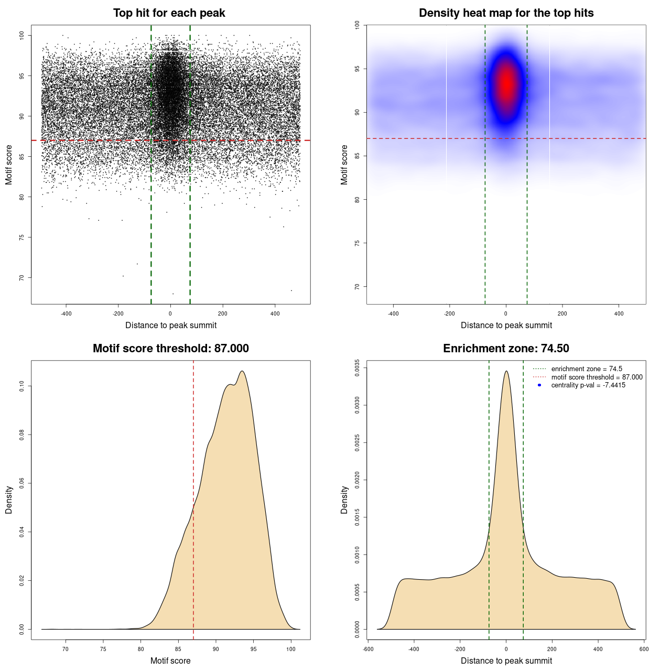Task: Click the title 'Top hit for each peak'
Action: pos(169,13)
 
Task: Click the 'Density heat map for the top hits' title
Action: pos(506,13)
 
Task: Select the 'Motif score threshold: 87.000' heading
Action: pos(170,349)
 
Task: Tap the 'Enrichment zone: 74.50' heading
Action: pos(506,349)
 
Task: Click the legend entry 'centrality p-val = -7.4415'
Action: pos(588,385)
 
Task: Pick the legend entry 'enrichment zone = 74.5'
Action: pos(587,369)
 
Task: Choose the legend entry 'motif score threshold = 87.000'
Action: pos(597,377)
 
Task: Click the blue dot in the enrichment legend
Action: pos(539,385)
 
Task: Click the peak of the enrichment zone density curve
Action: pos(506,371)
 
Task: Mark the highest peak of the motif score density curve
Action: pos(242,371)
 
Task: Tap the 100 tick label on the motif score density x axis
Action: pos(291,649)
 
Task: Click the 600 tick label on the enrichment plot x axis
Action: pos(644,649)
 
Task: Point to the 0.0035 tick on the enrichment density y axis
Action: pos(357,368)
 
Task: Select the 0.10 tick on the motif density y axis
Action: pos(21,386)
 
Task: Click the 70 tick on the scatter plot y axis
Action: pos(21,277)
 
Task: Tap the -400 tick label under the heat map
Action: pos(393,313)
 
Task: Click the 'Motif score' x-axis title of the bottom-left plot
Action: pos(170,661)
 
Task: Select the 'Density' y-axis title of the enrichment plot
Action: pos(344,500)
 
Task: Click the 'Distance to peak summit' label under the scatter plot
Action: pos(171,325)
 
